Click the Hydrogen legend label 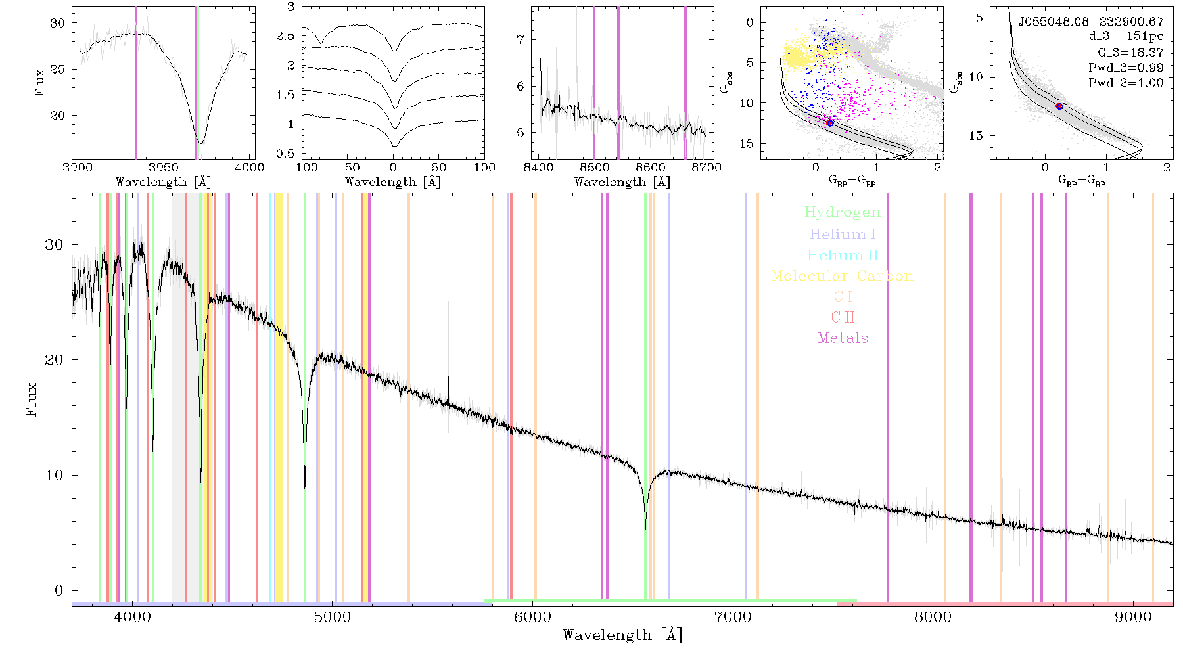[843, 213]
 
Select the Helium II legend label [843, 255]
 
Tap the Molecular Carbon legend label [843, 276]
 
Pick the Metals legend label [843, 338]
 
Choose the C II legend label [843, 317]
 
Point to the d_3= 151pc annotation [1126, 37]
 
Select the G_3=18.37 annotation [1130, 53]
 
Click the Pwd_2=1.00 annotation [1126, 83]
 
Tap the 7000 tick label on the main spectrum [732, 617]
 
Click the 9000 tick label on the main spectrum [1133, 617]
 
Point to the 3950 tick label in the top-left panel [164, 167]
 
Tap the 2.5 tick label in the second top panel [285, 36]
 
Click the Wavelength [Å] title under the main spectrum [622, 635]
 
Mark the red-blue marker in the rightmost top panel [1059, 106]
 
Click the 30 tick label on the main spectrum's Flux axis [54, 245]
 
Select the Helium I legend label [843, 235]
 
